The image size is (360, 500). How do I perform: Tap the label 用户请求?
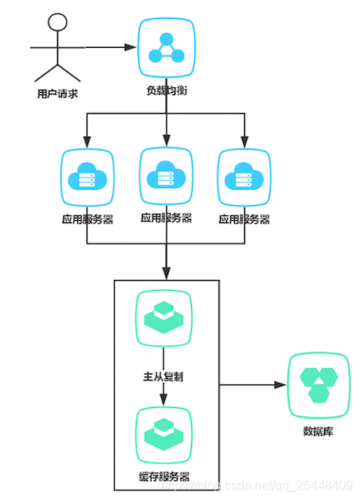click(x=57, y=94)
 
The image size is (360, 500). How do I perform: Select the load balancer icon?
click(x=166, y=46)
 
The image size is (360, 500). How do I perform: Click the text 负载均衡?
click(x=166, y=90)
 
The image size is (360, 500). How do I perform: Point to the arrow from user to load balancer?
click(x=110, y=47)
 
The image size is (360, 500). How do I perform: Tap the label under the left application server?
click(x=86, y=220)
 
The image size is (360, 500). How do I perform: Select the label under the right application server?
click(x=244, y=220)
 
